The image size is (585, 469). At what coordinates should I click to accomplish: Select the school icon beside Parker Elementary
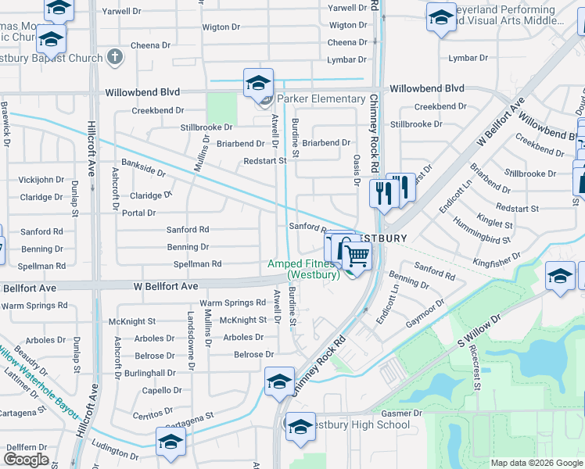pos(258,83)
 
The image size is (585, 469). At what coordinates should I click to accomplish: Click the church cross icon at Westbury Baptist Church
pos(114,57)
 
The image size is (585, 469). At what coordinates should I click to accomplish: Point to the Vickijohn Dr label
pos(41,180)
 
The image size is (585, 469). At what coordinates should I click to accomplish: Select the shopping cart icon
pos(356,255)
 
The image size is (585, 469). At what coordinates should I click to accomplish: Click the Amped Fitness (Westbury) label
pos(303,270)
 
